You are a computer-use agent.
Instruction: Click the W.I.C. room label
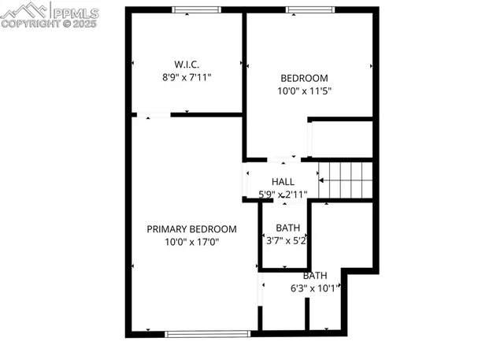click(x=187, y=64)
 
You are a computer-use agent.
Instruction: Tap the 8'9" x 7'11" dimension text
click(x=187, y=78)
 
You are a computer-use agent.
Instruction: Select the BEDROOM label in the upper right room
click(x=304, y=77)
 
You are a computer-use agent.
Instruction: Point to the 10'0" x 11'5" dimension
click(x=304, y=91)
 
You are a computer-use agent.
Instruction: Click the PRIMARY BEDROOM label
click(x=191, y=229)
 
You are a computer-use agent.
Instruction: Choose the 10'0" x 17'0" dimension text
click(x=191, y=243)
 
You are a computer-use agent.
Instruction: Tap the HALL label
click(x=283, y=181)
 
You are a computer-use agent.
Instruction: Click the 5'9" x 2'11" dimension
click(x=283, y=194)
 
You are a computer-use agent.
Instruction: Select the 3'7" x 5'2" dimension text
click(x=283, y=240)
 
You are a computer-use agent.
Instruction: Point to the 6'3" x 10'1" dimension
click(x=315, y=288)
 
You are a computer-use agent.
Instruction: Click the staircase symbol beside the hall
click(x=344, y=180)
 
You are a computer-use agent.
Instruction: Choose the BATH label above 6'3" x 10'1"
click(x=315, y=275)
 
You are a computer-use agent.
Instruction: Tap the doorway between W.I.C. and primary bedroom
click(x=157, y=116)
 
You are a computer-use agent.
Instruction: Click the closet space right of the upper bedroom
click(x=341, y=139)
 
